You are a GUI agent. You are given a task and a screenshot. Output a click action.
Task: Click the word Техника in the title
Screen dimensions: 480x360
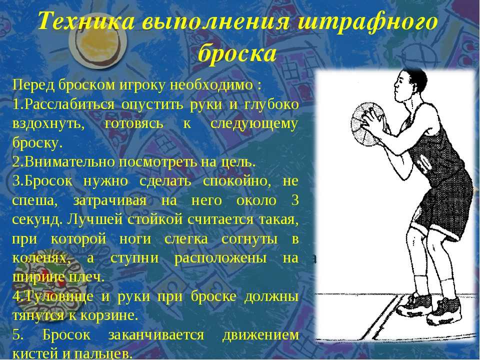pos(86,21)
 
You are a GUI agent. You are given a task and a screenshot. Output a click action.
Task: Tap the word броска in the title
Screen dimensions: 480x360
pos(237,53)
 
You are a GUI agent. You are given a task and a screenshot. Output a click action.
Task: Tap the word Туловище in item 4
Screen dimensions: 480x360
pos(58,296)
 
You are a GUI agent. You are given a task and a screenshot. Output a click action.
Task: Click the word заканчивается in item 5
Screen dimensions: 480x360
pos(156,334)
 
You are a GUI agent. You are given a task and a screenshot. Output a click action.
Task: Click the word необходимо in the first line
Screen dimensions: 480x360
pos(211,85)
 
